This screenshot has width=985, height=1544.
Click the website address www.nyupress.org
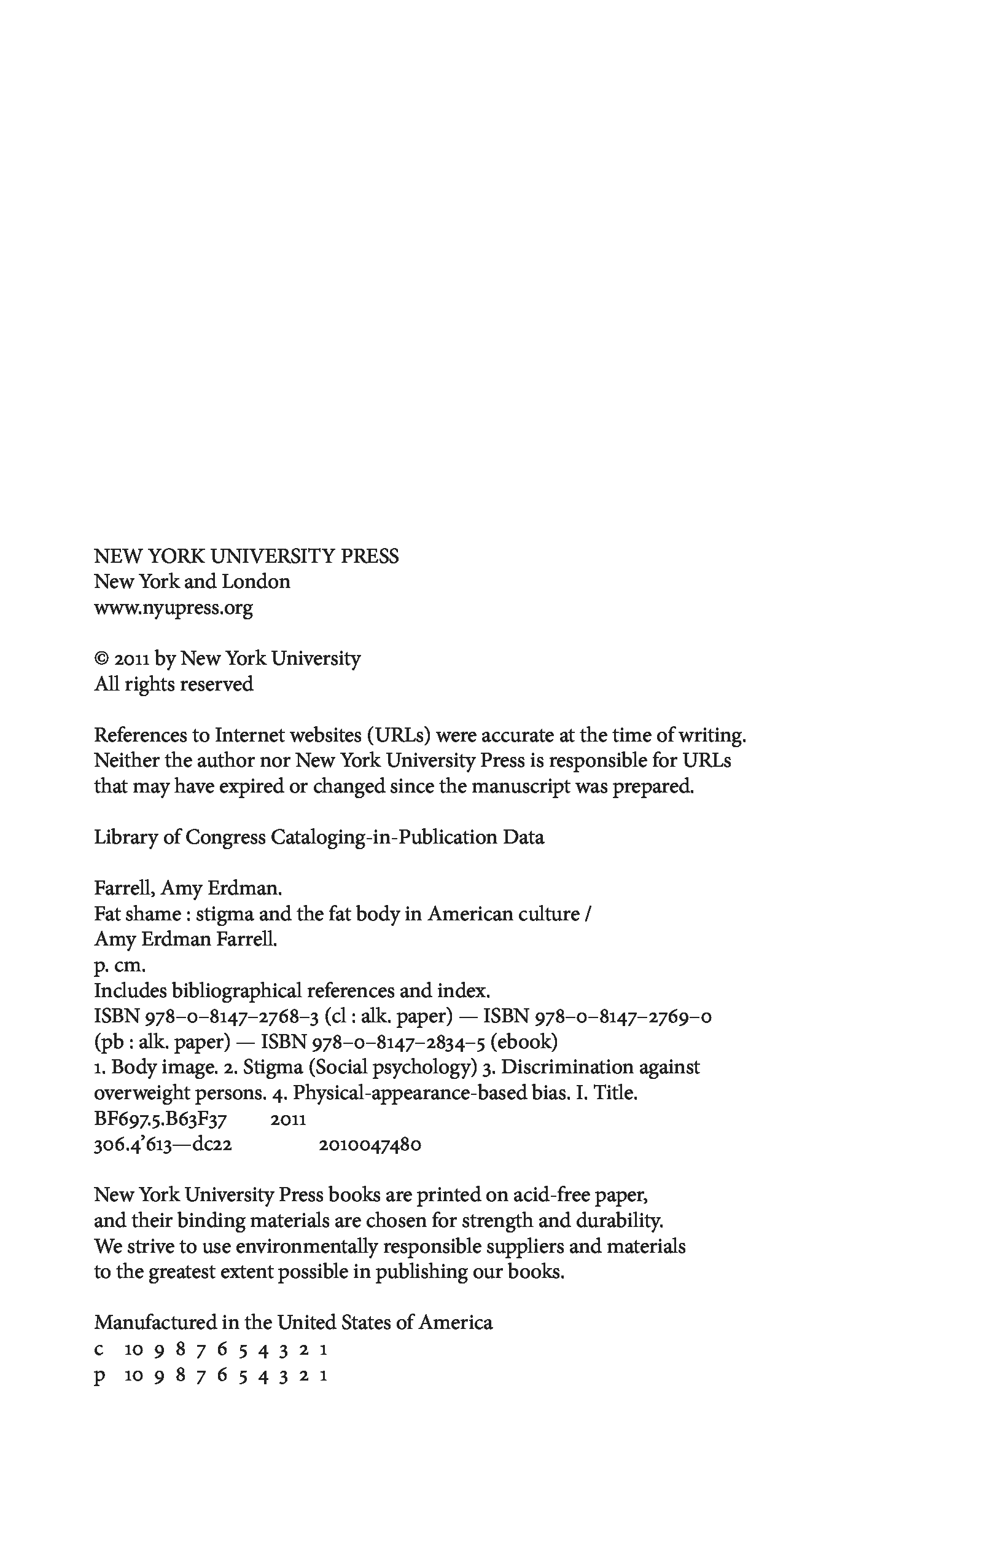tap(173, 607)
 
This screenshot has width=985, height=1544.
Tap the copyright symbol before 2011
tap(101, 659)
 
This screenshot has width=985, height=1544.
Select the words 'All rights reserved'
tap(174, 684)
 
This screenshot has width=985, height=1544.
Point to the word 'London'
tap(255, 582)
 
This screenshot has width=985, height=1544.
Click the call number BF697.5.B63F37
tap(160, 1119)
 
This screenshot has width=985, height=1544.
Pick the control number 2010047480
tap(370, 1145)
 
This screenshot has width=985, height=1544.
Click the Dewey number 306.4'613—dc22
tap(163, 1145)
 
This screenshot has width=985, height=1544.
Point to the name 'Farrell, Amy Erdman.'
tap(188, 888)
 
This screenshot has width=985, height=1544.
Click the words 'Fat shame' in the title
tap(137, 914)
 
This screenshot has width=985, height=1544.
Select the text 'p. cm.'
tap(119, 966)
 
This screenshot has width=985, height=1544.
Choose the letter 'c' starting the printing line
tap(99, 1350)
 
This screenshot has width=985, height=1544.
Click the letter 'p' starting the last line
tap(99, 1377)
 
